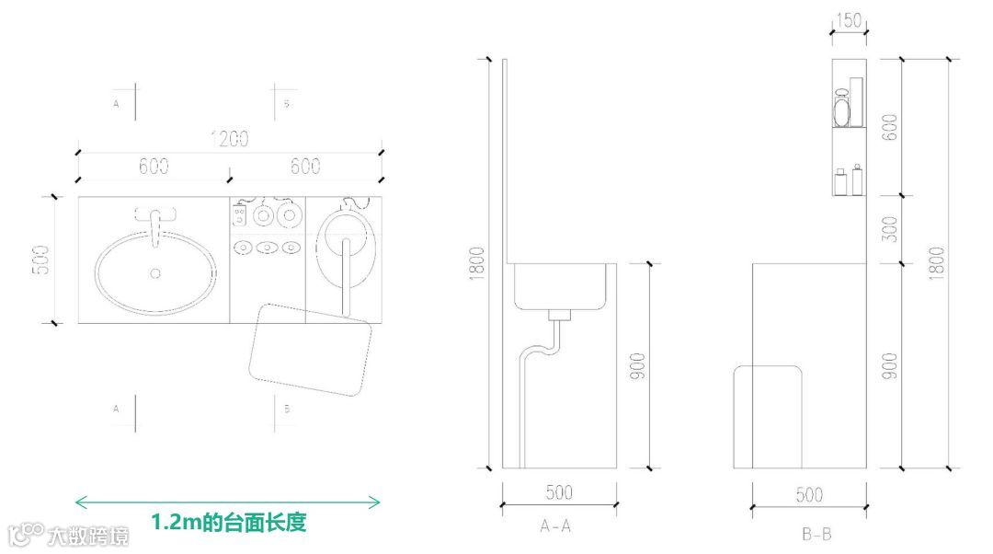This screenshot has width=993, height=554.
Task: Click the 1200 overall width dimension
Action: pos(230,140)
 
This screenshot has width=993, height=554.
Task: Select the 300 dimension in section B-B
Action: pos(888,230)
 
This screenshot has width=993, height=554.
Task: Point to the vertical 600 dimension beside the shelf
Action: pos(888,127)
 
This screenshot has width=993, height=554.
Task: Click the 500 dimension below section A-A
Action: pos(559,493)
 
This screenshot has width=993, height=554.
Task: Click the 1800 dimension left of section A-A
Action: pos(476,264)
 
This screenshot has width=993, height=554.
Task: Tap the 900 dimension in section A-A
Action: pos(638,365)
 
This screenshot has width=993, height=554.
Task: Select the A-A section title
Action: pos(557,527)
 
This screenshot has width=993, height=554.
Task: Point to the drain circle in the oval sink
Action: pos(154,272)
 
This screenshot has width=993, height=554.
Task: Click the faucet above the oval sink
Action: pos(154,221)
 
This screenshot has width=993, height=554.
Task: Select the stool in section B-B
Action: pos(768,414)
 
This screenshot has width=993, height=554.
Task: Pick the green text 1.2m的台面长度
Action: pos(228,523)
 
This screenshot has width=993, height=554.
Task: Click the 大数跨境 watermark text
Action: pos(87,536)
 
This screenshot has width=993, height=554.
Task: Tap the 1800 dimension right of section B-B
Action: pos(936,264)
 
